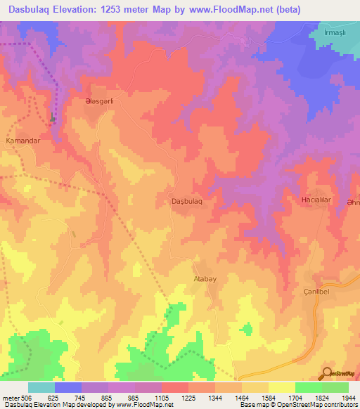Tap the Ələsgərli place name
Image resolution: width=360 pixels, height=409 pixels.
tap(94, 100)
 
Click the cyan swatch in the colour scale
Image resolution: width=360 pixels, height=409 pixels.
tap(41, 387)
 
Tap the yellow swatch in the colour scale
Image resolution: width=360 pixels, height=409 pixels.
tap(282, 387)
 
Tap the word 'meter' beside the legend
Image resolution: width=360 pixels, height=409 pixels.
tap(12, 398)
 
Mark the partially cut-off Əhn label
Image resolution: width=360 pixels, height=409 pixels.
tap(352, 204)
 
